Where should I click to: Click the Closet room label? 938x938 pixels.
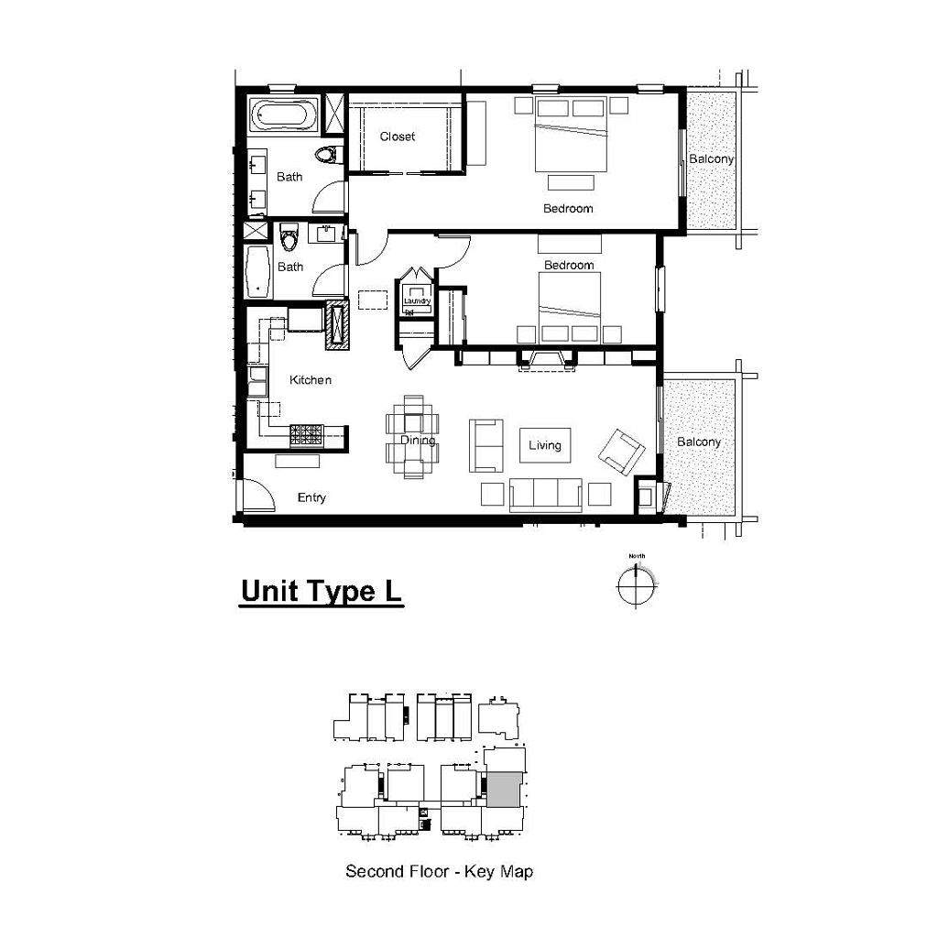[398, 136]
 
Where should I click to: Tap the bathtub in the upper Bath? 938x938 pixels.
[284, 115]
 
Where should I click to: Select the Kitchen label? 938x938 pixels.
[311, 380]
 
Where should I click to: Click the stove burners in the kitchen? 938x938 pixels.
[307, 436]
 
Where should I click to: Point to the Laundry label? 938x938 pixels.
[417, 300]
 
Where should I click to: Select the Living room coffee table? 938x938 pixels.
[545, 445]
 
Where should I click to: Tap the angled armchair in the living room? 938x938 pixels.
[621, 452]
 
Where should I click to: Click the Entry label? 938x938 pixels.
[311, 497]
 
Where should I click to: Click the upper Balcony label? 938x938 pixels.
[711, 159]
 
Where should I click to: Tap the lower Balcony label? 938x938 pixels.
[699, 442]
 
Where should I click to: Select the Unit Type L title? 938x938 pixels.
[321, 592]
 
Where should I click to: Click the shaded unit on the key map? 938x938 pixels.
[503, 789]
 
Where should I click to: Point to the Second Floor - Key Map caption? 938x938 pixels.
[439, 871]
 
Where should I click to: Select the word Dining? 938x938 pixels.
[417, 441]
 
